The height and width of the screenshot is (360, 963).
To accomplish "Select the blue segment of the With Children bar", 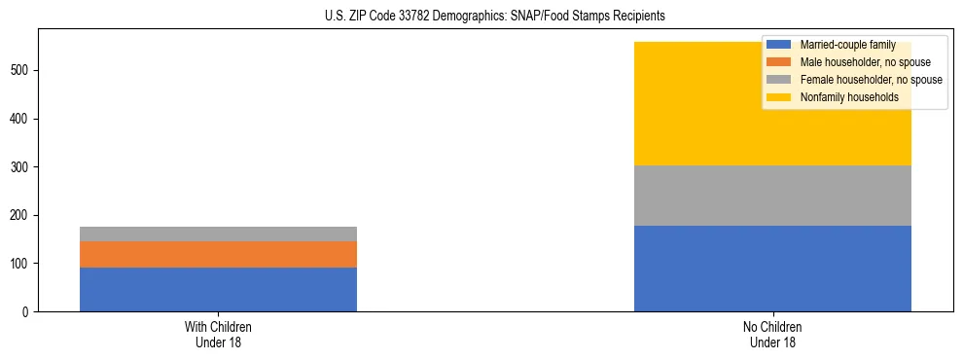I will [x=218, y=289].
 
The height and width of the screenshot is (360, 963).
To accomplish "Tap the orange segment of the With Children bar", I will [x=218, y=254].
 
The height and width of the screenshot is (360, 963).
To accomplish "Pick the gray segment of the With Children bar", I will [x=218, y=234].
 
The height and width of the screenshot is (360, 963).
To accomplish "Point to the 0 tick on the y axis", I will [x=28, y=311].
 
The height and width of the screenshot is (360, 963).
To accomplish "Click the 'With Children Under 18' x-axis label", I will [x=218, y=334].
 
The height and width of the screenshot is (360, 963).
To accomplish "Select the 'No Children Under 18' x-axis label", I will [x=772, y=334].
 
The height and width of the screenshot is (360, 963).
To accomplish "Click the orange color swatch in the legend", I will [x=779, y=62].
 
